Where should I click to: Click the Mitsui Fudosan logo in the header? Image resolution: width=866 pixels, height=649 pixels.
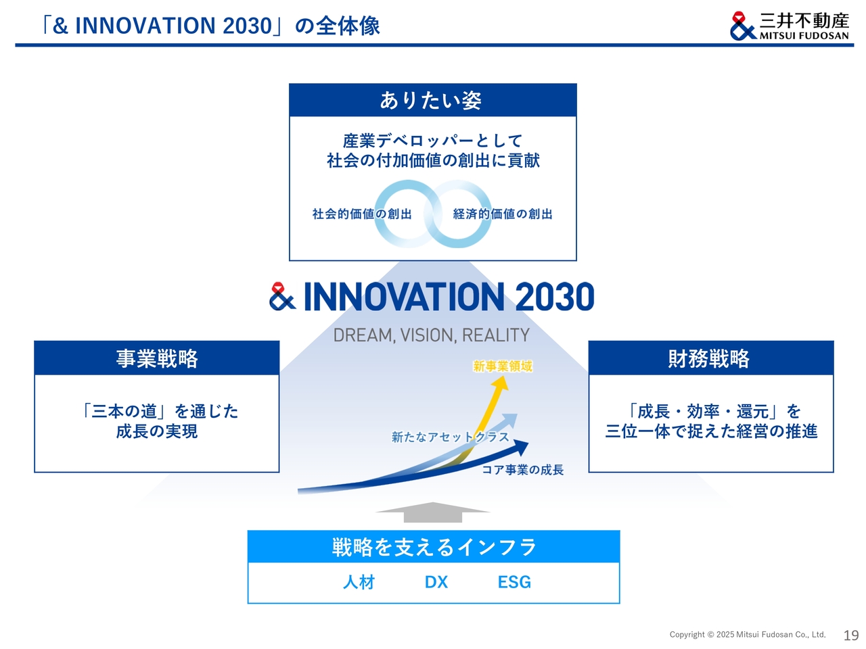[x=789, y=26]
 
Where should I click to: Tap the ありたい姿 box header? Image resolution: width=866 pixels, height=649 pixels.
[x=432, y=99]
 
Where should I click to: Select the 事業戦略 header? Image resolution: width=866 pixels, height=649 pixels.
[x=157, y=358]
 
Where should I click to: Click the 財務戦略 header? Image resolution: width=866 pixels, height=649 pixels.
[x=710, y=358]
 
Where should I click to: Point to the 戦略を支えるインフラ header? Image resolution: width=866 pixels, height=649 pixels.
[x=433, y=546]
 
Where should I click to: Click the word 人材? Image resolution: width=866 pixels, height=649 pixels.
[x=358, y=581]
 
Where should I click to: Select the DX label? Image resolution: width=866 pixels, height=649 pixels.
[x=436, y=581]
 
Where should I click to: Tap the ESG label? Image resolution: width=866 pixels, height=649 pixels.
[x=514, y=581]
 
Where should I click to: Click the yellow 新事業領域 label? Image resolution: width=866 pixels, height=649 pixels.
[x=502, y=366]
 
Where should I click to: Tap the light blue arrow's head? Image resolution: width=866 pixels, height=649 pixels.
[x=509, y=420]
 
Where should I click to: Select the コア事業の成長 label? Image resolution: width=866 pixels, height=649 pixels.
[x=522, y=470]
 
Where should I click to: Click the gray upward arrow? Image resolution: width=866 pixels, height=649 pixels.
[x=432, y=512]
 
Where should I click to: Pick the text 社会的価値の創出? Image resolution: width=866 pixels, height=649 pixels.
[x=362, y=214]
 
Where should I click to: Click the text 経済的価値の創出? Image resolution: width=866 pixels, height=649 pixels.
[x=502, y=214]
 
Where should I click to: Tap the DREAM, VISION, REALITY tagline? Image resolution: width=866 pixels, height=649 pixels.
[x=431, y=335]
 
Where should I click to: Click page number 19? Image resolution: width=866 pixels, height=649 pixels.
[x=850, y=635]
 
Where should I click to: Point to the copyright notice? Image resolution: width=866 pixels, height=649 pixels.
[x=747, y=634]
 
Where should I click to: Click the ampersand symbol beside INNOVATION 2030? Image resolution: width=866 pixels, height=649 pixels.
[x=281, y=296]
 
